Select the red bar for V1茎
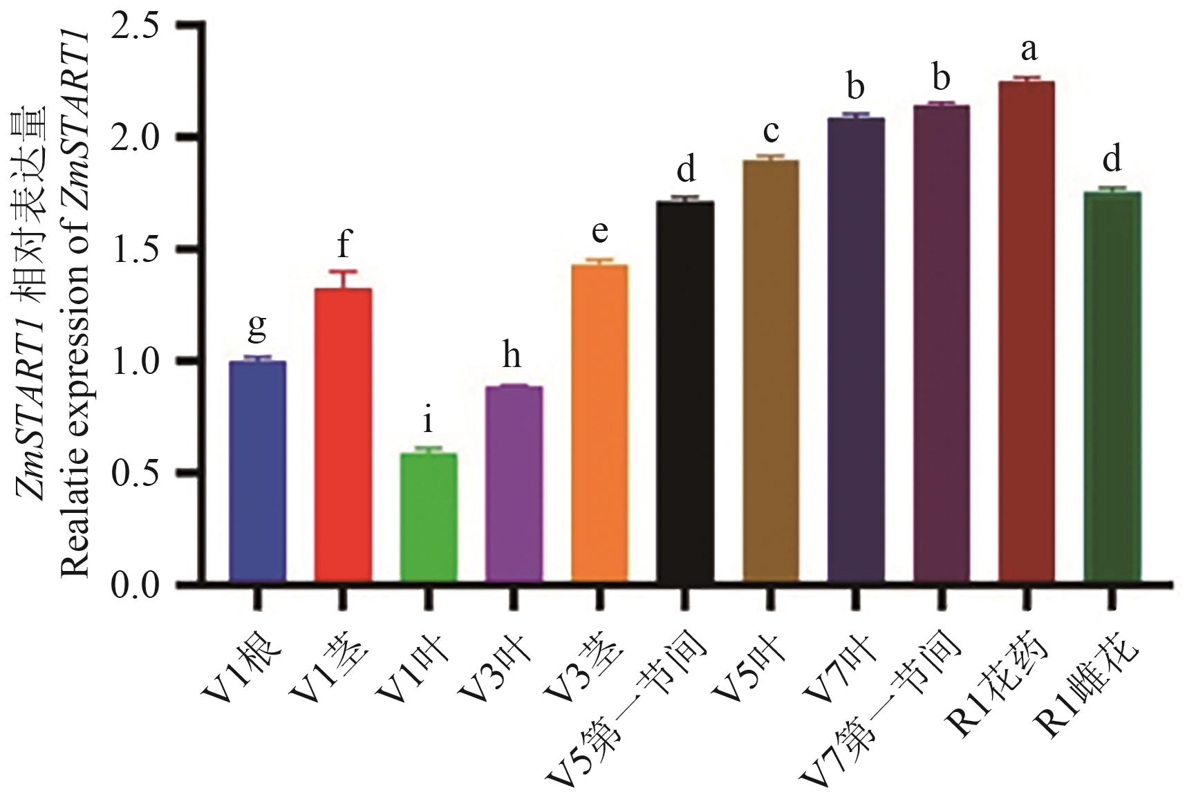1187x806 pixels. (x=343, y=435)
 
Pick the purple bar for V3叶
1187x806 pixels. (x=514, y=484)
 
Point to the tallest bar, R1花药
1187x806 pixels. (x=1027, y=331)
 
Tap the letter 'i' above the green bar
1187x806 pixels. (x=429, y=420)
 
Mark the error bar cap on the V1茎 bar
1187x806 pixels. (x=343, y=271)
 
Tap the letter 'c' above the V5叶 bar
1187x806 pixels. (x=772, y=130)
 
